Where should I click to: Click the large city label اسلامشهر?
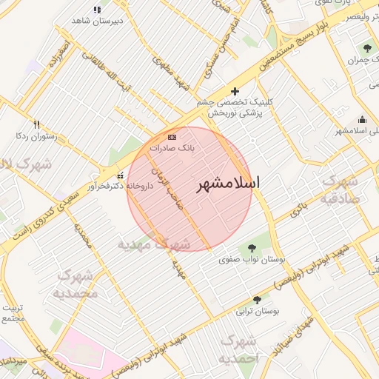tap(232, 185)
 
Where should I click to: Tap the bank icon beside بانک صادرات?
tap(172, 137)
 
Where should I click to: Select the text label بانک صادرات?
tap(172, 148)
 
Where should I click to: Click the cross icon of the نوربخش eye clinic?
tap(235, 91)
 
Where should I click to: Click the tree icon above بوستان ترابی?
tap(257, 300)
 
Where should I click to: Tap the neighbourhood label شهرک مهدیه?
tap(154, 244)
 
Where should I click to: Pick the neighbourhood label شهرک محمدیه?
tap(76, 285)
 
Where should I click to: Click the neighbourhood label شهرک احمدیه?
tap(240, 349)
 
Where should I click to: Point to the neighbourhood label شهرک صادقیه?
tap(340, 189)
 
